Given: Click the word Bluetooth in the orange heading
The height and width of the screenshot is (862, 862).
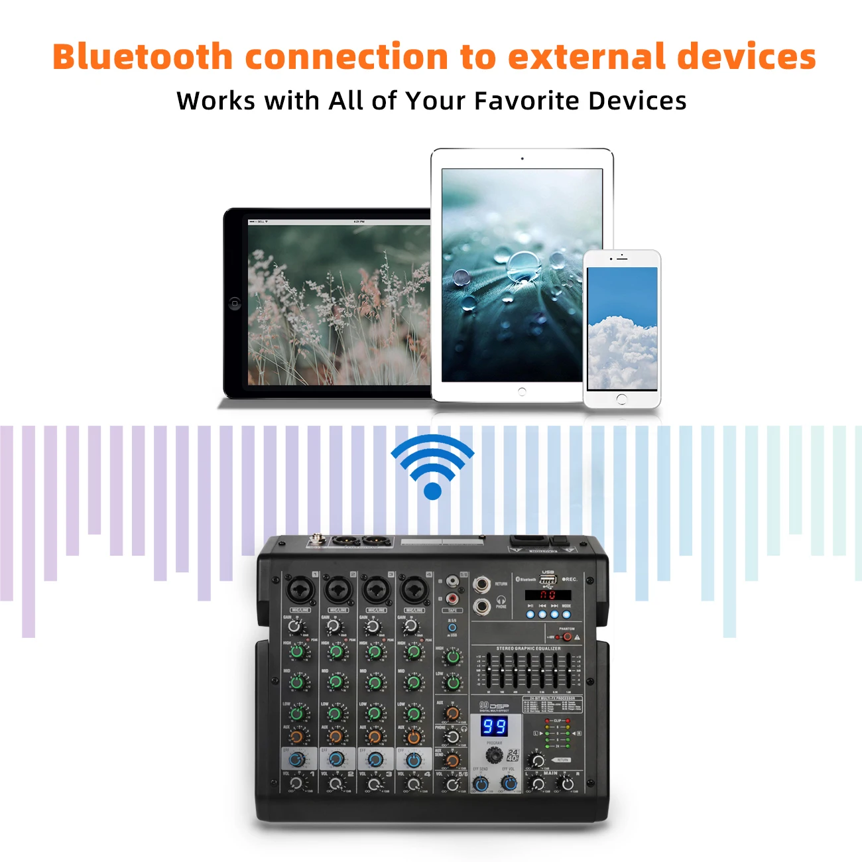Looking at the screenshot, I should (x=142, y=57).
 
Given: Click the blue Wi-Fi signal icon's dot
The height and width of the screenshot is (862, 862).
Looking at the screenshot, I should (x=432, y=491).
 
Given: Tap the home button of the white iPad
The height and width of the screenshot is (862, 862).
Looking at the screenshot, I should (x=522, y=391).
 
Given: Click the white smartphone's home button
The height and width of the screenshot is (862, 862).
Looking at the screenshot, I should (x=621, y=399).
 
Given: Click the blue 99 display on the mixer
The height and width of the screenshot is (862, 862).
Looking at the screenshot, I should (x=494, y=726).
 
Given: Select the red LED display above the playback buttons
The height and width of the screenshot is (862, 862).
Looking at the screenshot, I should (x=548, y=595).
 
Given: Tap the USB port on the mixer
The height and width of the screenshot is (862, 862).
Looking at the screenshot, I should (x=548, y=581).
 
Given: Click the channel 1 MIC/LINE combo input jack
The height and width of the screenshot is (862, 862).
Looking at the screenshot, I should (x=299, y=589).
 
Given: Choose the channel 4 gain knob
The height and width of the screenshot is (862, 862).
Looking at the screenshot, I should (x=411, y=627).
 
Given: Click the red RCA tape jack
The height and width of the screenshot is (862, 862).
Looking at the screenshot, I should (x=452, y=599).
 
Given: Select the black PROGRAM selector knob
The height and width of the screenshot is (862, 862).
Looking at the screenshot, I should (x=493, y=755).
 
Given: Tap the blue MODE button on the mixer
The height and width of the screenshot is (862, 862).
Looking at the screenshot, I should (x=566, y=615).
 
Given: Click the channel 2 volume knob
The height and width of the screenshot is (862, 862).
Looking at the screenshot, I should (x=336, y=784).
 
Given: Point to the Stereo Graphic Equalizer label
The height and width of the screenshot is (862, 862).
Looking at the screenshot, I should (x=528, y=648).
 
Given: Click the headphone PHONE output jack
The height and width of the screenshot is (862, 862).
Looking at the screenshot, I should (x=481, y=605).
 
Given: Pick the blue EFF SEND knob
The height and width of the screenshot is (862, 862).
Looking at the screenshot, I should (x=481, y=784).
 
